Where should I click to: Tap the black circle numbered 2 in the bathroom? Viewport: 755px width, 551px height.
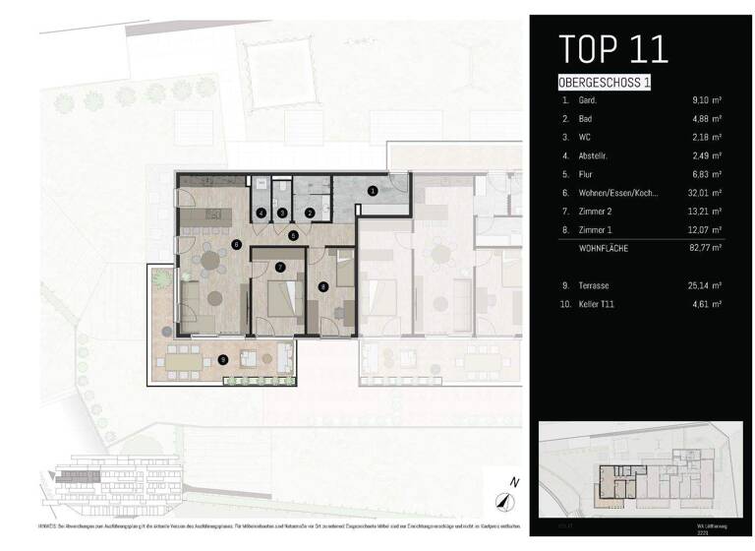click(x=310, y=213)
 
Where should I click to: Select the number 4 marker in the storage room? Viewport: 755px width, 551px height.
click(x=261, y=213)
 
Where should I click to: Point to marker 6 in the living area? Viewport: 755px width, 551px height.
click(x=237, y=245)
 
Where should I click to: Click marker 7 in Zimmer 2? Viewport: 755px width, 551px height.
click(x=280, y=267)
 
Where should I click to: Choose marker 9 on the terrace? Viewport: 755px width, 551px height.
click(x=224, y=360)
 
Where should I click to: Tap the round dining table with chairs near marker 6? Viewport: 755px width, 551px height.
click(x=210, y=260)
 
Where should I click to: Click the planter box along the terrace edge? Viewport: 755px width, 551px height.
click(x=260, y=380)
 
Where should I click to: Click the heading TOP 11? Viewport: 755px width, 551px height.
click(x=612, y=48)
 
